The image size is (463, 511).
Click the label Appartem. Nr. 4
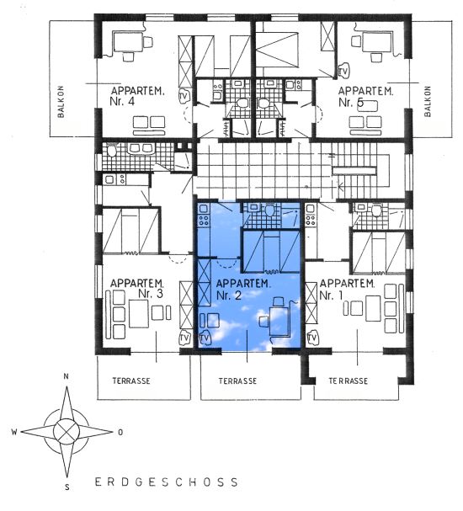click(x=137, y=96)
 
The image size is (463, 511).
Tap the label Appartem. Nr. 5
click(x=365, y=97)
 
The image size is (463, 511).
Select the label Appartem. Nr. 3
click(x=137, y=289)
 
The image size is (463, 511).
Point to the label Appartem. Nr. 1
click(x=347, y=289)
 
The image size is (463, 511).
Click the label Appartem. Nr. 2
click(x=243, y=290)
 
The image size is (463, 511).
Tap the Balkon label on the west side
click(x=61, y=102)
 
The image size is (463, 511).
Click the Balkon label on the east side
click(x=428, y=101)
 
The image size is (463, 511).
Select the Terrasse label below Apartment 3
click(x=131, y=381)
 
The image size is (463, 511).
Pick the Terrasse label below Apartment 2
click(x=237, y=381)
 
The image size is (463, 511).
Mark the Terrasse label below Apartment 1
click(x=348, y=381)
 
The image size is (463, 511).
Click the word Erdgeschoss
click(x=167, y=482)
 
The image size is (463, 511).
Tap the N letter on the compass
click(x=67, y=376)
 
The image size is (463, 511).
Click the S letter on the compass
click(x=67, y=487)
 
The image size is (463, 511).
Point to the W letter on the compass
click(x=14, y=432)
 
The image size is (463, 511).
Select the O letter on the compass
click(x=120, y=433)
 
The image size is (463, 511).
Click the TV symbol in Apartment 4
click(x=184, y=96)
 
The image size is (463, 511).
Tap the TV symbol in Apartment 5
click(x=343, y=72)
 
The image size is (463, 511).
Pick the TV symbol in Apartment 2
click(x=205, y=338)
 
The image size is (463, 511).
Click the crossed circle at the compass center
click(x=67, y=432)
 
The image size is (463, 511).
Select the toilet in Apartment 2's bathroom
click(x=269, y=210)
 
